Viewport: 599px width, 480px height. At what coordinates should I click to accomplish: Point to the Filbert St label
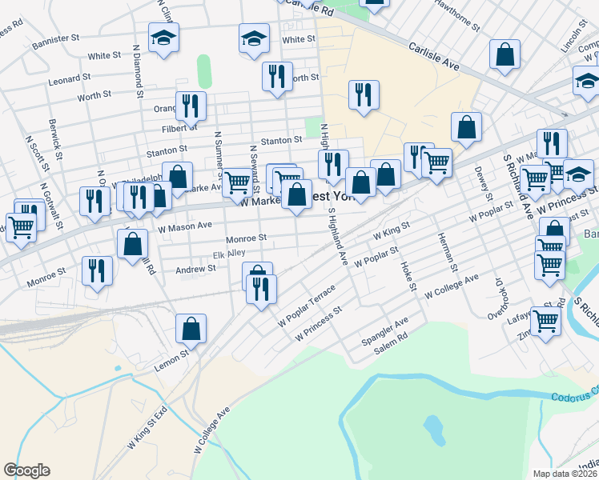click(x=179, y=127)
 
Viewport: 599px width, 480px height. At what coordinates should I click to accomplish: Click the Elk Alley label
click(x=228, y=254)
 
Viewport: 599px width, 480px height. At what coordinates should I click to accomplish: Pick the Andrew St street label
click(x=196, y=270)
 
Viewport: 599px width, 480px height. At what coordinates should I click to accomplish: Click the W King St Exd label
click(x=148, y=429)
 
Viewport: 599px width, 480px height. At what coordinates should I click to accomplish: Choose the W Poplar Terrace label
click(x=307, y=308)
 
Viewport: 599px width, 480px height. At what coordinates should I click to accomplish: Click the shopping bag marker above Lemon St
click(x=191, y=327)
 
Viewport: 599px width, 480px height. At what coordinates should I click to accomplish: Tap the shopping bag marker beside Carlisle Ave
click(x=505, y=54)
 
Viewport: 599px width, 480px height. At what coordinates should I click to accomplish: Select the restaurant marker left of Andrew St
click(x=97, y=270)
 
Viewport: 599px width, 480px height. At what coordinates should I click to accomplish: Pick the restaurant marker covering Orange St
click(x=191, y=105)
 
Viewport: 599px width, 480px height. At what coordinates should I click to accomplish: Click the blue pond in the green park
click(x=435, y=430)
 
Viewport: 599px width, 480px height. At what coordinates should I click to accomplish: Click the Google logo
click(x=26, y=470)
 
